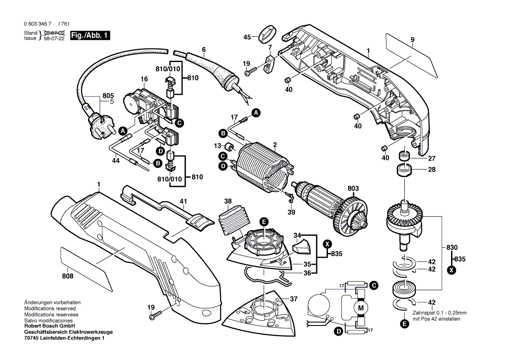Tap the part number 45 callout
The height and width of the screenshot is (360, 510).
click(247, 37)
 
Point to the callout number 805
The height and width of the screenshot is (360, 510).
click(108, 95)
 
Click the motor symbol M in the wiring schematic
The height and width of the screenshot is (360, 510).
click(361, 308)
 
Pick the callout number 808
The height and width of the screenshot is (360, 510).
click(68, 276)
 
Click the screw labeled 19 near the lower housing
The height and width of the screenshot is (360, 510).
click(155, 315)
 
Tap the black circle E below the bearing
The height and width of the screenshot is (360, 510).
click(404, 324)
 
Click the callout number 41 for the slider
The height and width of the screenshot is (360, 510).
click(183, 201)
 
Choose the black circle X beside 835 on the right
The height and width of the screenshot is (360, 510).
click(452, 271)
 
